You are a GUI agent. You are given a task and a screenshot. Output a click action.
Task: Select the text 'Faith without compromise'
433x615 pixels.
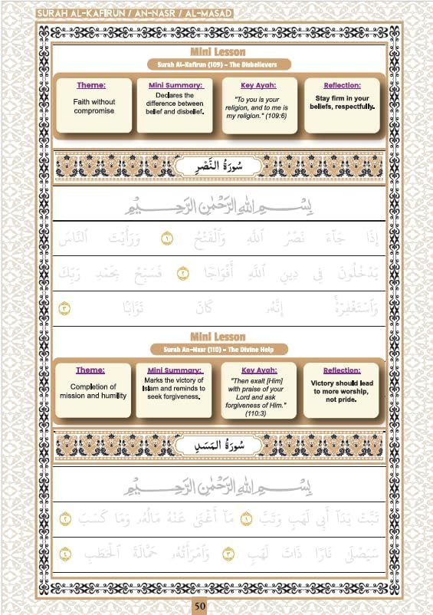tap(93, 106)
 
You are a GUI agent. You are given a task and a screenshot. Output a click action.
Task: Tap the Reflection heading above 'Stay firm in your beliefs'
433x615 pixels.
tap(342, 85)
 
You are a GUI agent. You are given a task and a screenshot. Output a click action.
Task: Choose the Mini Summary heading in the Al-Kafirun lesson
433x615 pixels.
tap(175, 85)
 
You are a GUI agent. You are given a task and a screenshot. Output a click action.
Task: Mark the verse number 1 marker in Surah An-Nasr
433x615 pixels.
tap(167, 241)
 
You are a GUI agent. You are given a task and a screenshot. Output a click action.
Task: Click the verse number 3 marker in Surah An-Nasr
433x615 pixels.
tap(64, 310)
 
